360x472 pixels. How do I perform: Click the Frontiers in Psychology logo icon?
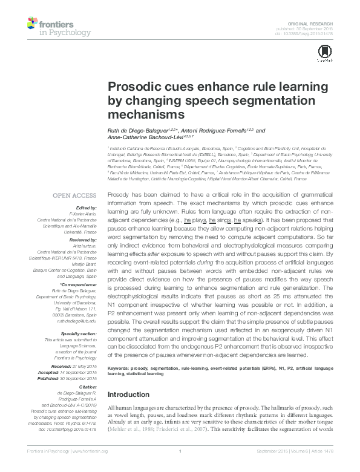33,24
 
